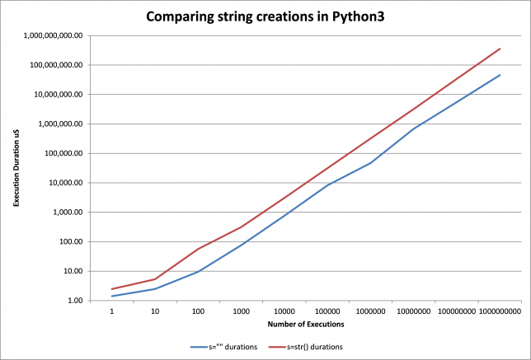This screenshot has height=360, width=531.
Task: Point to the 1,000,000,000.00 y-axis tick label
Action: coord(54,35)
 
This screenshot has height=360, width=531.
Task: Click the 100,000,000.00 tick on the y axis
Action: coord(57,65)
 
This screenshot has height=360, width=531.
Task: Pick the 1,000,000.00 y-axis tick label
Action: coord(61,124)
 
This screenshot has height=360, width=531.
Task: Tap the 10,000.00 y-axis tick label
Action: coord(66,183)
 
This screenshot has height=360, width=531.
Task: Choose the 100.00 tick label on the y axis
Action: coord(71,241)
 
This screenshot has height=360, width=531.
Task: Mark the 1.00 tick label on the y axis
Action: coord(74,301)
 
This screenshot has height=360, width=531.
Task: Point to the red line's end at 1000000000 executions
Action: coord(500,49)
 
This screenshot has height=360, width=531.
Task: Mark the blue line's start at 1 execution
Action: coord(111,297)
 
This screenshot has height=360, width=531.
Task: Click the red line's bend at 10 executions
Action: coord(154,279)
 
